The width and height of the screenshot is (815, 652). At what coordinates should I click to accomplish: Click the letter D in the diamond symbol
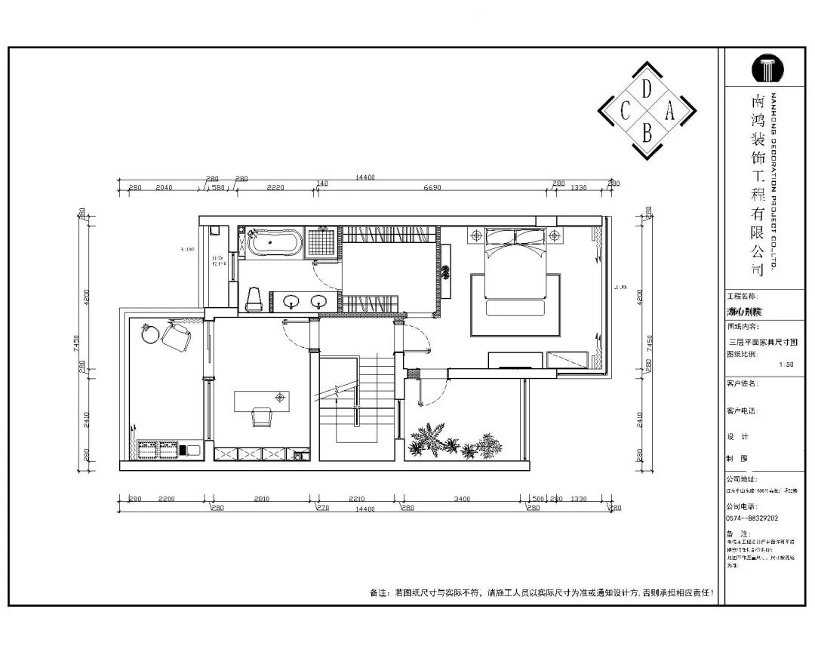pyautogui.click(x=647, y=89)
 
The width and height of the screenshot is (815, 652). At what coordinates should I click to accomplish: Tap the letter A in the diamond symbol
pyautogui.click(x=669, y=112)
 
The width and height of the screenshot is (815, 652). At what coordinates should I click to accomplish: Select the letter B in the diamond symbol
pyautogui.click(x=647, y=134)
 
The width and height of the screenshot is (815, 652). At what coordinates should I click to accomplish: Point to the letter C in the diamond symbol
pyautogui.click(x=625, y=112)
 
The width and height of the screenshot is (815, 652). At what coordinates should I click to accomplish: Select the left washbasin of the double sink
pyautogui.click(x=291, y=302)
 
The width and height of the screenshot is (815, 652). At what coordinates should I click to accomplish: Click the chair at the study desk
pyautogui.click(x=262, y=417)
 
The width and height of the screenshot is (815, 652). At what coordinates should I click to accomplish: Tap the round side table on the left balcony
pyautogui.click(x=151, y=333)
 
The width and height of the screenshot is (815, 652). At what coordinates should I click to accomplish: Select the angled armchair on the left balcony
pyautogui.click(x=177, y=337)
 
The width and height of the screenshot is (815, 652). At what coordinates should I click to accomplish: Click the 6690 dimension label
pyautogui.click(x=432, y=187)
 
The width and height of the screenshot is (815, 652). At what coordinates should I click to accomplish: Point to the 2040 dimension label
pyautogui.click(x=164, y=187)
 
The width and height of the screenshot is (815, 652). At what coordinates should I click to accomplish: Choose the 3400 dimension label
pyautogui.click(x=463, y=499)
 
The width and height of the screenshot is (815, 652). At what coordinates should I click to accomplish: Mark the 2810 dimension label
pyautogui.click(x=262, y=499)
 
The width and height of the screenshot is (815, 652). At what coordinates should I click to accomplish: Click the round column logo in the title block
pyautogui.click(x=767, y=69)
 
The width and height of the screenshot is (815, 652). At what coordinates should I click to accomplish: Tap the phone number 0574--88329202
pyautogui.click(x=752, y=518)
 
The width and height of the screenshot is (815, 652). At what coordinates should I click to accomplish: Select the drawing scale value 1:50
pyautogui.click(x=786, y=364)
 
